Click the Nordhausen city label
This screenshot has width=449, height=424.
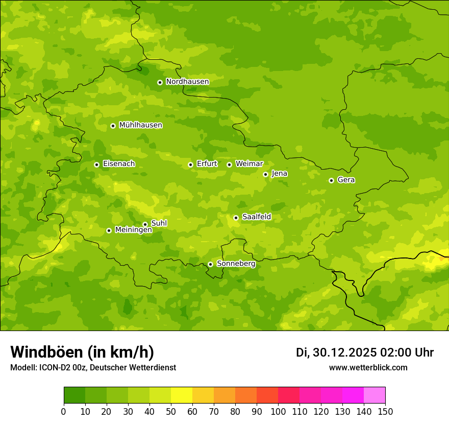pos(187,82)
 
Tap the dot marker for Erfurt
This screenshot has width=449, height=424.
pos(190,164)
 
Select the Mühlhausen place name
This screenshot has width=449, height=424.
pos(140,125)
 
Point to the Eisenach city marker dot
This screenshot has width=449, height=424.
pos(96,164)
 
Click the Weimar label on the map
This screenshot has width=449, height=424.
pos(249,164)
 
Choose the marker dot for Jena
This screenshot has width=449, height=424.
pos(265,174)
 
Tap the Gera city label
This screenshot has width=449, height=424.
pos(346,180)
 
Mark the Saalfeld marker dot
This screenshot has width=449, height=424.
pos(236,218)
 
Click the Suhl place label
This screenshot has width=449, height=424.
pos(159,223)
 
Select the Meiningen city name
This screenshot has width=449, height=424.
pos(133,230)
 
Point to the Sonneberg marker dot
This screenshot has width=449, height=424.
pos(210,264)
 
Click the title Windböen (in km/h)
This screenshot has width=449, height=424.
pos(82,352)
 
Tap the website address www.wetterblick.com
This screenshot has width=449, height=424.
pos(368,368)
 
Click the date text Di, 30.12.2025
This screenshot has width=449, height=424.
pos(336,352)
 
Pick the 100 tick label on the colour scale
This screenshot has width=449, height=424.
pos(278,412)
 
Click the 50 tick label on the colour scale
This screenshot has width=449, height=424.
pos(171,412)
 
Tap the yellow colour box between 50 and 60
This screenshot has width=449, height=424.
pos(182,395)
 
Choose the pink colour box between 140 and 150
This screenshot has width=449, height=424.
pos(375,395)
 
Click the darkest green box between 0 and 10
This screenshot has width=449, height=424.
pos(74,395)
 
